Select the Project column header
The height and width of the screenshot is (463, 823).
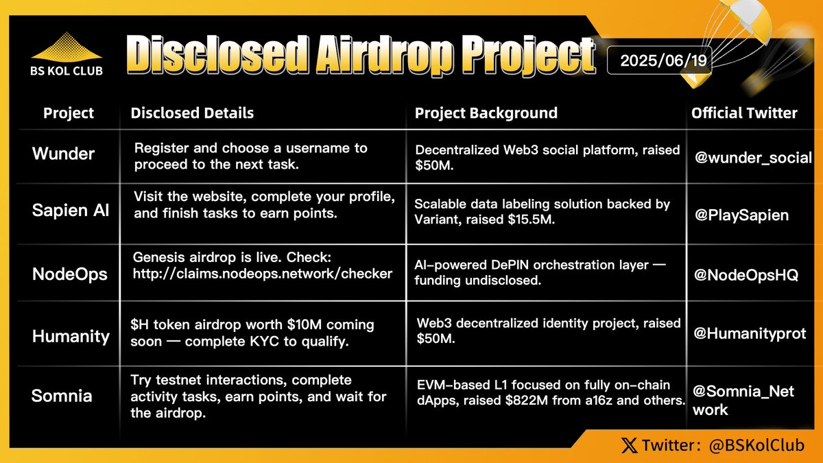coord(69,113)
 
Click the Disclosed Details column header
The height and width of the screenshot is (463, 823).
coord(192,113)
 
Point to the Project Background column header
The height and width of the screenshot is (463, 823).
coord(486,113)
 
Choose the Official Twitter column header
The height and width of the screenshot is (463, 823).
coord(744,113)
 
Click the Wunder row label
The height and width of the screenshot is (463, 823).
coord(62,154)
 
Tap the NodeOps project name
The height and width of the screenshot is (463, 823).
coord(70,274)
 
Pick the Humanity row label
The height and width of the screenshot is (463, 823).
coord(71,337)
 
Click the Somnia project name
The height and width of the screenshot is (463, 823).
coord(62,396)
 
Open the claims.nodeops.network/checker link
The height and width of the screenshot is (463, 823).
coord(263,274)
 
